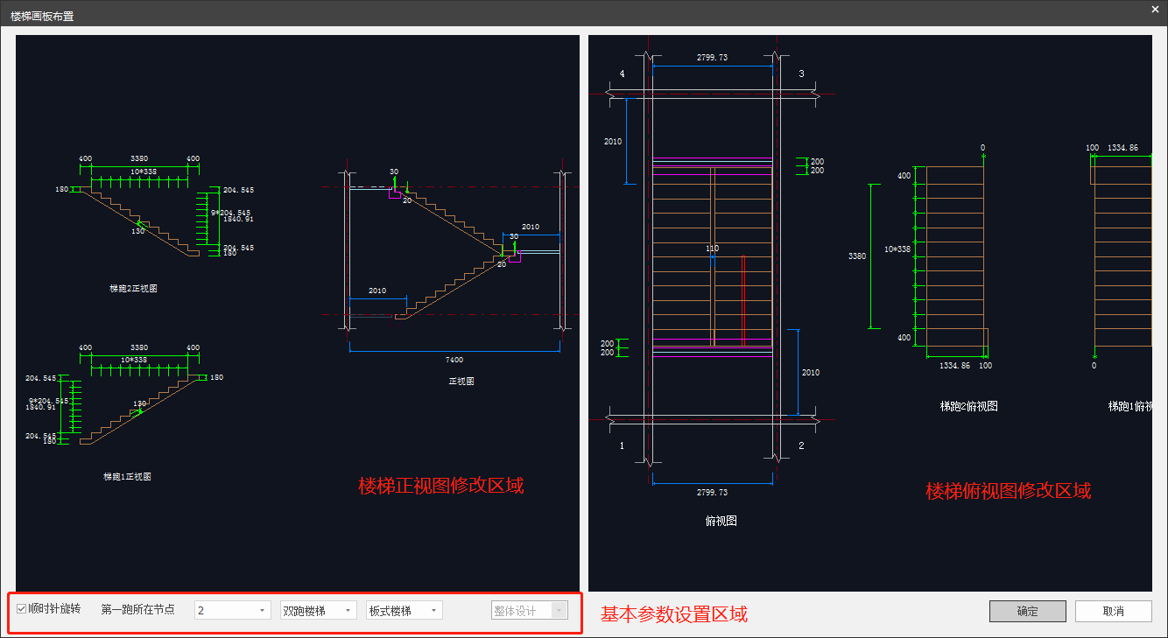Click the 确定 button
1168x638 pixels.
tap(1027, 611)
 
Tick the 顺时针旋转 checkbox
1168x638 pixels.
tap(22, 609)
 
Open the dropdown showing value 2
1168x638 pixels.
tap(232, 610)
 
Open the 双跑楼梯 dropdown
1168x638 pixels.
tap(318, 610)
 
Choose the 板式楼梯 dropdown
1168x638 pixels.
tap(404, 610)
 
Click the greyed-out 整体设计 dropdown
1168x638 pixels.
tap(530, 610)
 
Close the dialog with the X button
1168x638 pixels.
tap(1154, 9)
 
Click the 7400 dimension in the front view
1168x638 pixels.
tap(454, 360)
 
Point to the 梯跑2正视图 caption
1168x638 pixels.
tap(133, 288)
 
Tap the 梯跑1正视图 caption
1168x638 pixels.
tap(128, 477)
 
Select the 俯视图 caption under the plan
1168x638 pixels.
tap(721, 521)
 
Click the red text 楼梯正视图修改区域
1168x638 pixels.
tap(441, 485)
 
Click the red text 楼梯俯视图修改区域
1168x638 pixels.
tap(1008, 491)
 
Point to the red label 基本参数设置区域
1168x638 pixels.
tap(673, 614)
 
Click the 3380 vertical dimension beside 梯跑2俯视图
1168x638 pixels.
tap(857, 256)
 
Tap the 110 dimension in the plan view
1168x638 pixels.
tap(712, 249)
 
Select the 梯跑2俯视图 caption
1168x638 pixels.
tap(968, 406)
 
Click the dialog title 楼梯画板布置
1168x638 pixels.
tap(42, 16)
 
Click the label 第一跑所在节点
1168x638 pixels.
tap(137, 609)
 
